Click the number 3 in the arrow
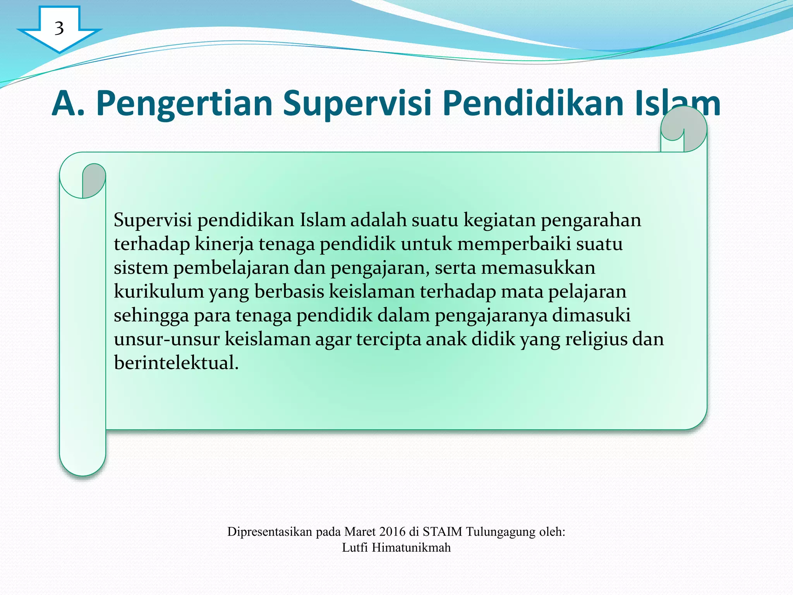(59, 28)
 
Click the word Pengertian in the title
(184, 104)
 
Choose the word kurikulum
(159, 291)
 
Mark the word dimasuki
(591, 315)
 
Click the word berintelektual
(176, 363)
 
